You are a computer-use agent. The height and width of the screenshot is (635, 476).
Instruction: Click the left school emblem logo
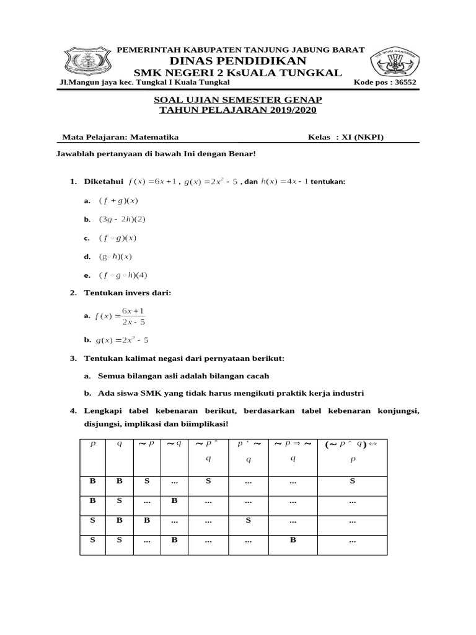coord(89,61)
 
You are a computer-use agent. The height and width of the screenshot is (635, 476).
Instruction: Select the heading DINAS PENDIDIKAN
coord(238,60)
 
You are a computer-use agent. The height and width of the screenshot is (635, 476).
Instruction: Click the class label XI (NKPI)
coord(367,138)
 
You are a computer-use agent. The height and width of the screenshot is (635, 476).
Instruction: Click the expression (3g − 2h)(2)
coord(122,219)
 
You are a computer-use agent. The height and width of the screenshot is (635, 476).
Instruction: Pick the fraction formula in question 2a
coord(120,316)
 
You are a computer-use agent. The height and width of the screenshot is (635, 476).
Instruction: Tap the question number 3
coord(73,358)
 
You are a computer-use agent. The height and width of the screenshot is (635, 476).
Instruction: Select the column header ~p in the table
coord(147,444)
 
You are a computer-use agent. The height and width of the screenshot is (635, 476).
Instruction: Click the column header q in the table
coord(119,444)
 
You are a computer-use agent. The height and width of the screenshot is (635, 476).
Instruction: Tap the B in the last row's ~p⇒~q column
coord(292,540)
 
